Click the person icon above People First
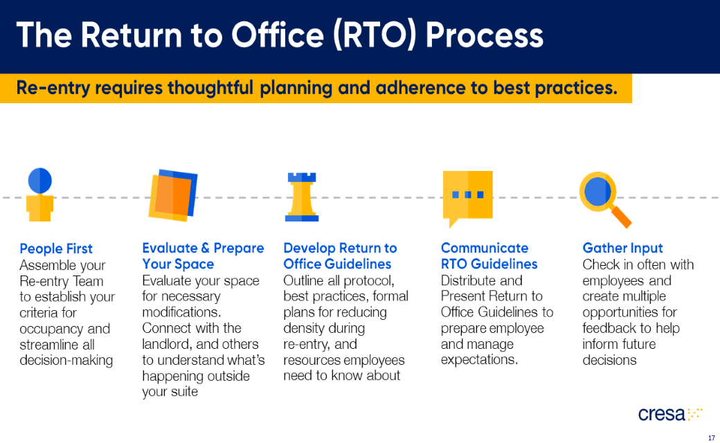coord(40,195)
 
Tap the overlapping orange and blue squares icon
coord(173,195)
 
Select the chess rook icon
coord(302,197)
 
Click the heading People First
coord(56,248)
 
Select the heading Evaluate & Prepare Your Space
coord(202,256)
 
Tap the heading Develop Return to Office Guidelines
coord(340,256)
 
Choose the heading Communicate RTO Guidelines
coord(489,256)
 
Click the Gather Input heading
coord(622,248)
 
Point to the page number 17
coord(711,437)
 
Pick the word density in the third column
coord(305,328)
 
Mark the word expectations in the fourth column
coord(479,360)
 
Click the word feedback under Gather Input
coord(608,328)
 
